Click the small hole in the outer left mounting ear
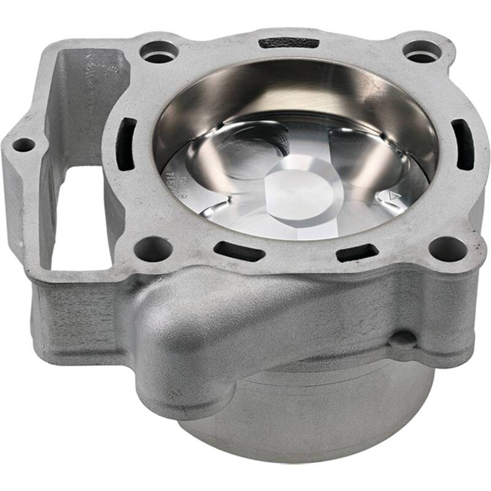[24, 145]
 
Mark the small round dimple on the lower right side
[403, 338]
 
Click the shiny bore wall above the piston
[295, 92]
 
